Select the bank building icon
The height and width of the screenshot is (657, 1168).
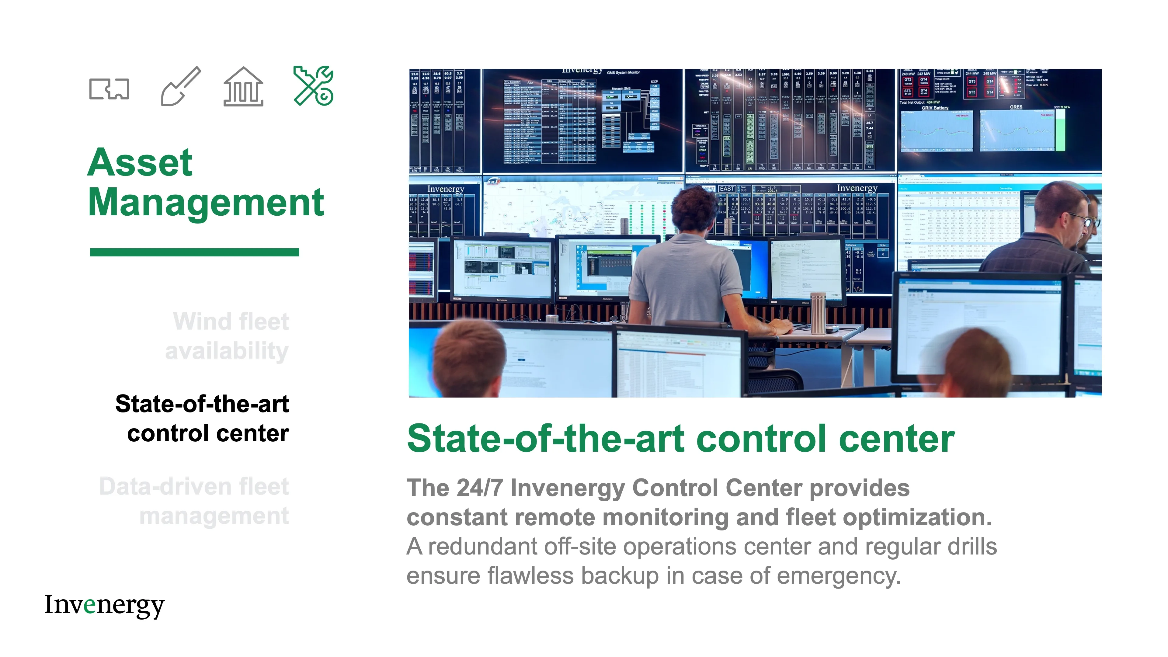pos(243,87)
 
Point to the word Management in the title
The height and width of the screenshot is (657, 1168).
pos(206,202)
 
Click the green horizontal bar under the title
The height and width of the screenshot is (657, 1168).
pos(195,252)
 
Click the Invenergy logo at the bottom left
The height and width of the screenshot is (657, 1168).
pos(104,605)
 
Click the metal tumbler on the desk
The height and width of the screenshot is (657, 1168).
pos(818,313)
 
